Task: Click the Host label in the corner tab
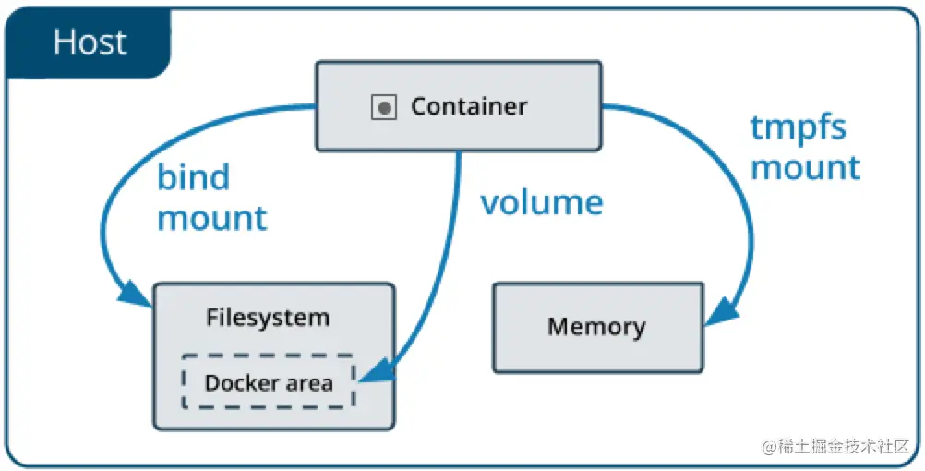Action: pos(90,42)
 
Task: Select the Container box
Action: pos(459,106)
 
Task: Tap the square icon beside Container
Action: pos(383,107)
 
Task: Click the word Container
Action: pos(469,106)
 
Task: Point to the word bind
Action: pos(193,176)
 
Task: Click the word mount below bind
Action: pos(211,218)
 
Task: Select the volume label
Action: pos(542,202)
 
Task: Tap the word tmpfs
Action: pos(798,127)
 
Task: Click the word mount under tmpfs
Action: pos(805,167)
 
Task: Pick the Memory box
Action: pos(598,328)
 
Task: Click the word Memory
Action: pos(596,326)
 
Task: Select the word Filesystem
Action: pos(267,318)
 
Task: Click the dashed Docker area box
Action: pos(269,356)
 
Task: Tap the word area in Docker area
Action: pos(309,383)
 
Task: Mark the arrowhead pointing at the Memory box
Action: pos(722,311)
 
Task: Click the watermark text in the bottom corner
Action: pos(836,447)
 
